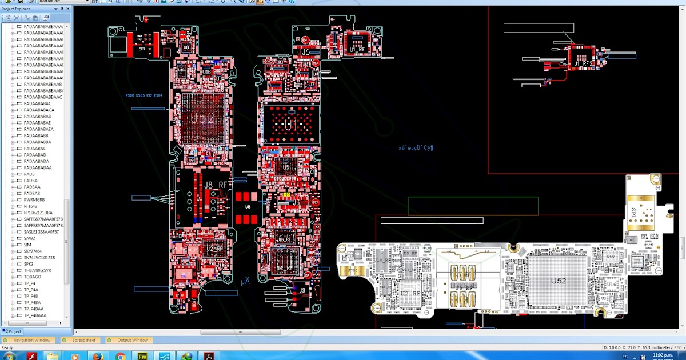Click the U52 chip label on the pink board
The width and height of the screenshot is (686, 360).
click(x=202, y=119)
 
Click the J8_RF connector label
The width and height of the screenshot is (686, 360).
click(x=217, y=184)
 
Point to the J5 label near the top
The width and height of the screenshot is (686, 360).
click(x=305, y=52)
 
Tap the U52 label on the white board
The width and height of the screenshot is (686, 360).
click(x=558, y=281)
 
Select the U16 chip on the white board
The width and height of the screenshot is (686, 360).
click(x=611, y=285)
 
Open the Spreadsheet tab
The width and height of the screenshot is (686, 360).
click(x=83, y=340)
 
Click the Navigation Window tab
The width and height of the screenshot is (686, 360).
click(x=32, y=340)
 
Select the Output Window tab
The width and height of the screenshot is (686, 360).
click(x=133, y=340)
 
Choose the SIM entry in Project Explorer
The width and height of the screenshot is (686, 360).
click(x=27, y=245)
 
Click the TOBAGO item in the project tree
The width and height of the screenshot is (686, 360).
click(x=33, y=277)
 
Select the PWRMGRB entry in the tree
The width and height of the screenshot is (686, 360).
click(x=34, y=200)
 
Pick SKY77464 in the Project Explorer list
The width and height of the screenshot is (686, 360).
click(x=33, y=251)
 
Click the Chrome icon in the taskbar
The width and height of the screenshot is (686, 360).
click(x=120, y=356)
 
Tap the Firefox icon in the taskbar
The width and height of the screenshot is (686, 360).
click(x=97, y=356)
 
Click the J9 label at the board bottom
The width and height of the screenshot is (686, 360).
click(x=302, y=290)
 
